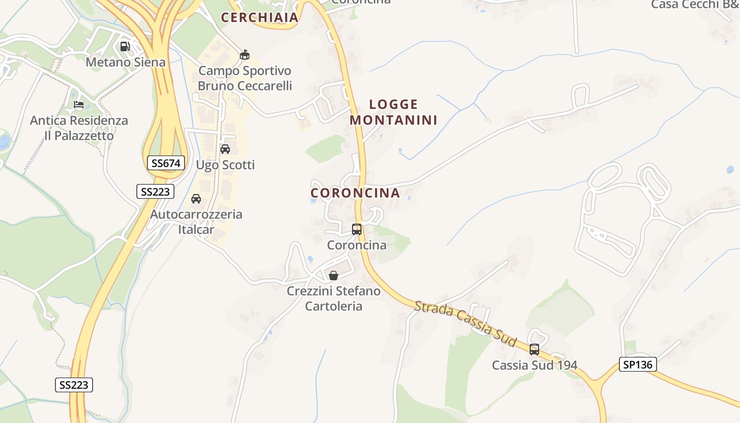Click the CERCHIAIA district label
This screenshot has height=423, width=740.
click(260, 17)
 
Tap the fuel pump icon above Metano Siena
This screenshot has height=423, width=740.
click(125, 47)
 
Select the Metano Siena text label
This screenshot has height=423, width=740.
click(126, 62)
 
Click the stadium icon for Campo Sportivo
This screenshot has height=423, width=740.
click(245, 54)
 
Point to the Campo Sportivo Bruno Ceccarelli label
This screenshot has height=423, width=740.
click(245, 78)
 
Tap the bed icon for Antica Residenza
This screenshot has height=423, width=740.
click(79, 105)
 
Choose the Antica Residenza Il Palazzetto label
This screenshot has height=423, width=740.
click(79, 128)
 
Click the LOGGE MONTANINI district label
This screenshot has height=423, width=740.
click(393, 112)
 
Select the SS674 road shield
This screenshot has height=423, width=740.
click(166, 163)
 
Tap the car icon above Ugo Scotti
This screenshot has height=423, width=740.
click(225, 149)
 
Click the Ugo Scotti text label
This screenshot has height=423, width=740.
click(225, 165)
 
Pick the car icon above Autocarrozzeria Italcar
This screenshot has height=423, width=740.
click(196, 199)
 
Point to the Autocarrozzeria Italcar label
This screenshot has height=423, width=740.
click(196, 222)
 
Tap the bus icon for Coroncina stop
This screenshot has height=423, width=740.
click(357, 229)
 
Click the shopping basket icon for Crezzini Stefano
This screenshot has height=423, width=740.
click(334, 275)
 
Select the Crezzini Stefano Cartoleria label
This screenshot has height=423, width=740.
click(334, 299)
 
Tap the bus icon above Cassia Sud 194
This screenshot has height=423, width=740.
click(534, 350)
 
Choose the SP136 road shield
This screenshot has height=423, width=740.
click(637, 364)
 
